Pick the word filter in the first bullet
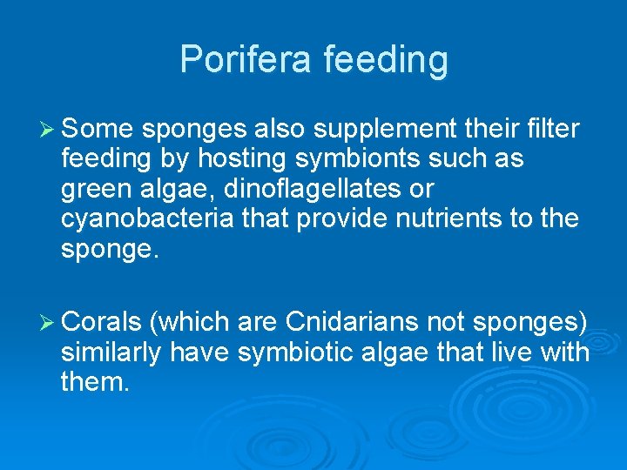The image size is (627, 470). click(551, 130)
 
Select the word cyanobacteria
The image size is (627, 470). click(147, 218)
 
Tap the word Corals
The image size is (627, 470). click(101, 321)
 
